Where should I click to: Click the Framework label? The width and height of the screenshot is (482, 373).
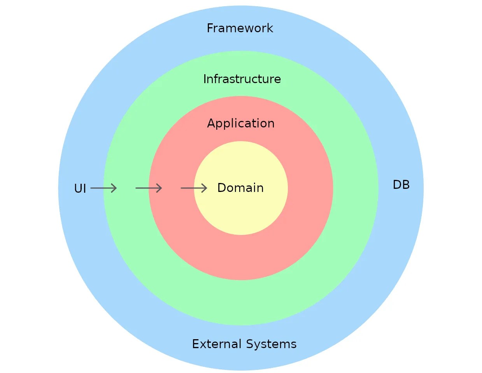tap(240, 28)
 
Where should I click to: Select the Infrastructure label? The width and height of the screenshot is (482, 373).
tap(242, 79)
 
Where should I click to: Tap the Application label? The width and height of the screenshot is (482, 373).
tap(241, 124)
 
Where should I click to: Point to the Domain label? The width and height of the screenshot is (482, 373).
tap(240, 188)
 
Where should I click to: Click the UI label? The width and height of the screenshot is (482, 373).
tap(80, 189)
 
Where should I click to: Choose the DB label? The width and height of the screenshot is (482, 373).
tap(401, 185)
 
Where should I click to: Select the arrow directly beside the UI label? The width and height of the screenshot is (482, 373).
tap(103, 188)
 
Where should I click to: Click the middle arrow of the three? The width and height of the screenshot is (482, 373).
tap(149, 188)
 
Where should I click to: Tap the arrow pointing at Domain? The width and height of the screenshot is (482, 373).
tap(194, 188)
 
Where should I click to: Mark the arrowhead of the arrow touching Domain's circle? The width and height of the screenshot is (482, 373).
tap(205, 188)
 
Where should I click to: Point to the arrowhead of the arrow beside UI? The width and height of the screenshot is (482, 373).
tap(114, 188)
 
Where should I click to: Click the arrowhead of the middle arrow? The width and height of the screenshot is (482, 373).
tap(159, 188)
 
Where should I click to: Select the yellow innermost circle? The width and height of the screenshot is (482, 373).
tap(241, 214)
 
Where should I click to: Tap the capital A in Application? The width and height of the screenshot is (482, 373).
tap(211, 124)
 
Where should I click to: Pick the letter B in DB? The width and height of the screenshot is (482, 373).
tap(406, 185)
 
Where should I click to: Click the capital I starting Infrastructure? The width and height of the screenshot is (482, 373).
tap(205, 79)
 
